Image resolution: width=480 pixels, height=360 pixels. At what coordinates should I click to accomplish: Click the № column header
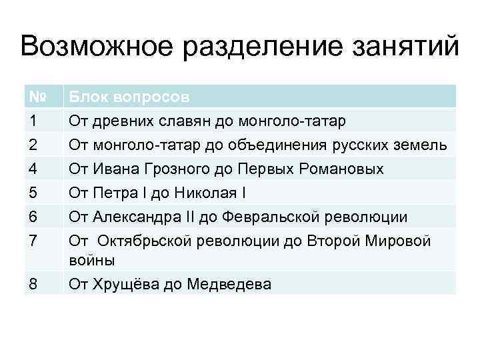[x=37, y=97]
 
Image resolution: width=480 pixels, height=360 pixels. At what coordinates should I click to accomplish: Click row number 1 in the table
[x=34, y=120]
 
